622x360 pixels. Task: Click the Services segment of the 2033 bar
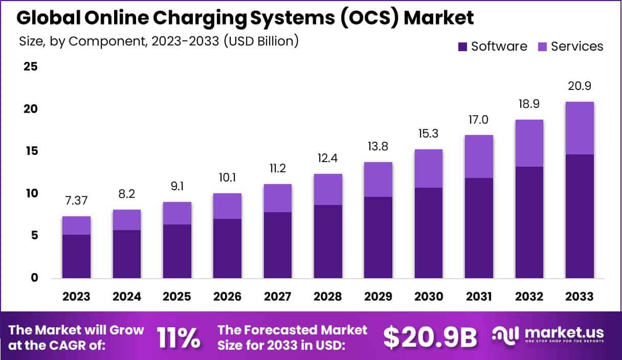coord(580,128)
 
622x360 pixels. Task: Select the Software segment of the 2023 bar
coord(76,256)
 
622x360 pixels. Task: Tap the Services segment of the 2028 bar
coord(328,189)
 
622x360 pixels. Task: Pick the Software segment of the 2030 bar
coord(429,233)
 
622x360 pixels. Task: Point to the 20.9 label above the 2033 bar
coord(580,85)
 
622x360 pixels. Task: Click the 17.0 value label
coord(479,120)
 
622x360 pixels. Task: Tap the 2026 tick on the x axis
coord(227,297)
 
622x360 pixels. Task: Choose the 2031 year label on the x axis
coord(479,297)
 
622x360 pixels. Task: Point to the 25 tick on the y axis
coord(31,66)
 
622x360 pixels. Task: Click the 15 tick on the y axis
coord(31,151)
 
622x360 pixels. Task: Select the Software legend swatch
coord(462,47)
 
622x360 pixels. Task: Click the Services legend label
coord(577,47)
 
